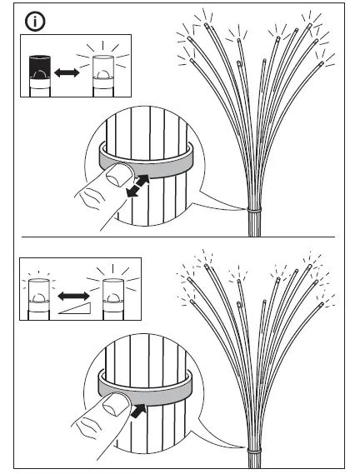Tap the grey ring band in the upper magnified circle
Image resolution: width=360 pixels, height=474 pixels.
[146, 158]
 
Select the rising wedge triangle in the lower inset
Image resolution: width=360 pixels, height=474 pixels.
[76, 311]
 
